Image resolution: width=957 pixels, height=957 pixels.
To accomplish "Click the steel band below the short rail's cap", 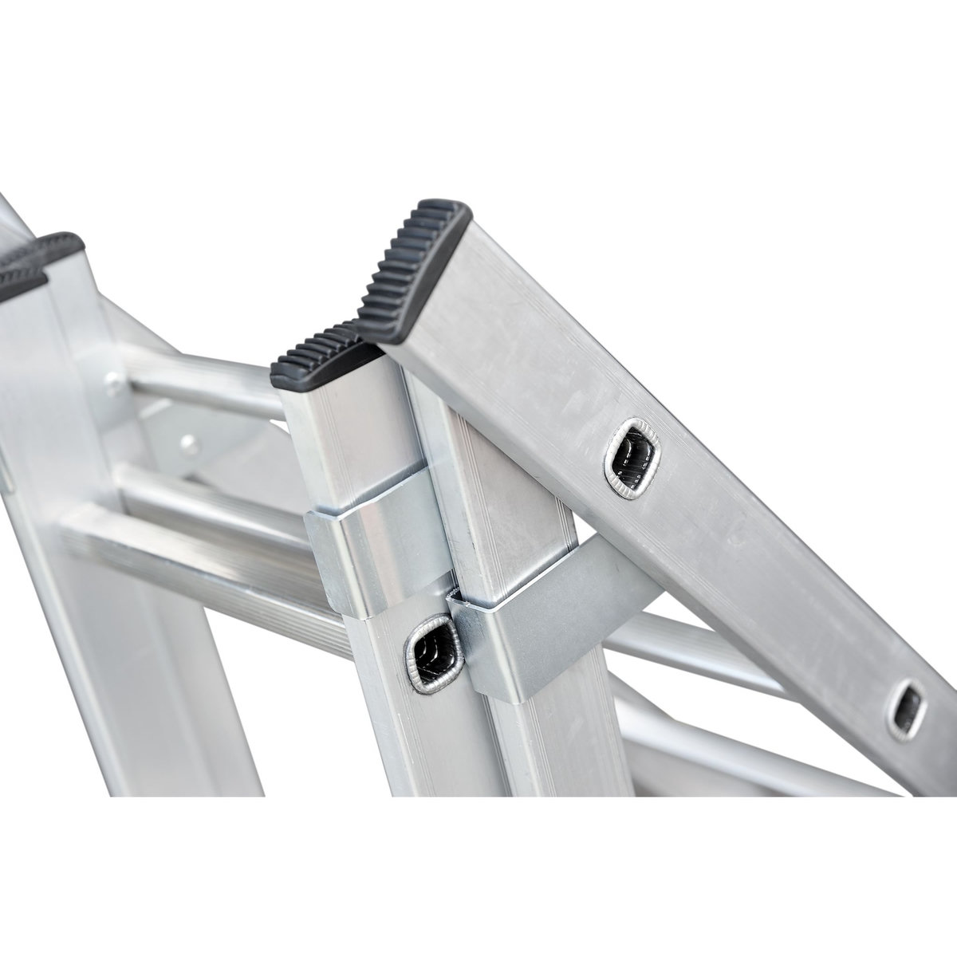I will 375,550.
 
